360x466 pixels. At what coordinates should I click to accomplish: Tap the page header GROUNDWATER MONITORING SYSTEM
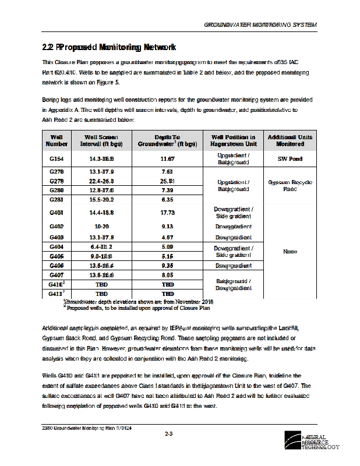[x=260, y=26]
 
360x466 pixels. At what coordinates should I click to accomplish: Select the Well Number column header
[x=57, y=140]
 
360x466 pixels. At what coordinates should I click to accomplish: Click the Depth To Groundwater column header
[x=167, y=140]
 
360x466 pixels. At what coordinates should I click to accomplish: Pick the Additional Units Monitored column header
[x=290, y=140]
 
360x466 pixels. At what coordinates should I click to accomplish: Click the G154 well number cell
[x=57, y=158]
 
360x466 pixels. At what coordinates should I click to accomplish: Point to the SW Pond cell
[x=290, y=158]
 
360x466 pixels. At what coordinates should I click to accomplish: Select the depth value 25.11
[x=167, y=181]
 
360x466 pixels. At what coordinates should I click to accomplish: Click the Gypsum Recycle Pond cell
[x=290, y=185]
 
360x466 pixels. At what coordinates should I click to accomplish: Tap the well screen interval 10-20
[x=101, y=226]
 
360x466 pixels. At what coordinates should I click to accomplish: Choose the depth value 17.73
[x=167, y=213]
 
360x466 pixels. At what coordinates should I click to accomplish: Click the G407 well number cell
[x=57, y=274]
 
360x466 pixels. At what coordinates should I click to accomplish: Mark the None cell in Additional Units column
[x=290, y=252]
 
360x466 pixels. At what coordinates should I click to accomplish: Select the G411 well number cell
[x=57, y=294]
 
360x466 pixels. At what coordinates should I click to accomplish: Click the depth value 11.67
[x=167, y=158]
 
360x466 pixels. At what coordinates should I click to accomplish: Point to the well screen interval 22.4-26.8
[x=101, y=181]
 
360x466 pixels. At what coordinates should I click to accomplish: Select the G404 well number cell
[x=57, y=247]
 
